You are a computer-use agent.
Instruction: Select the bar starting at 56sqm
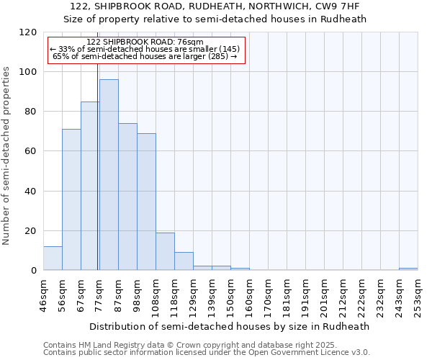click(71, 199)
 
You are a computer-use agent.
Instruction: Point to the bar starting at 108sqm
click(165, 251)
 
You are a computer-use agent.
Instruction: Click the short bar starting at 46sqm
click(53, 258)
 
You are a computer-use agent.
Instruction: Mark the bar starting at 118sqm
click(184, 261)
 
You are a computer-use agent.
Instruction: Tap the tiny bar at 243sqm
click(408, 269)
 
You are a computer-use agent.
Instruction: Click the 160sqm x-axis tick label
click(250, 295)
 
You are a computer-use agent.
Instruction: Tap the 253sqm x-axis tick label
click(418, 295)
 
